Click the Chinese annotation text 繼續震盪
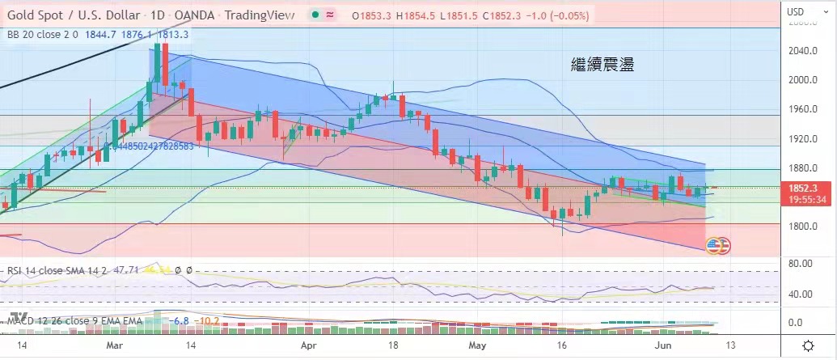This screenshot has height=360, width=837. pos(602,65)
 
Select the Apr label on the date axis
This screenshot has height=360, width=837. pos(308,345)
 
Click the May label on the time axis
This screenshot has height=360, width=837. pos(479,345)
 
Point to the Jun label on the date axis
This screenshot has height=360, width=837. pos(661,345)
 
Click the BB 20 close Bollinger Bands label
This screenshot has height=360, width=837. pos(41,34)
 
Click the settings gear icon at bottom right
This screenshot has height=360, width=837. pos(808,346)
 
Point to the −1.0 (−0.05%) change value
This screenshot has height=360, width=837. pos(553,15)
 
